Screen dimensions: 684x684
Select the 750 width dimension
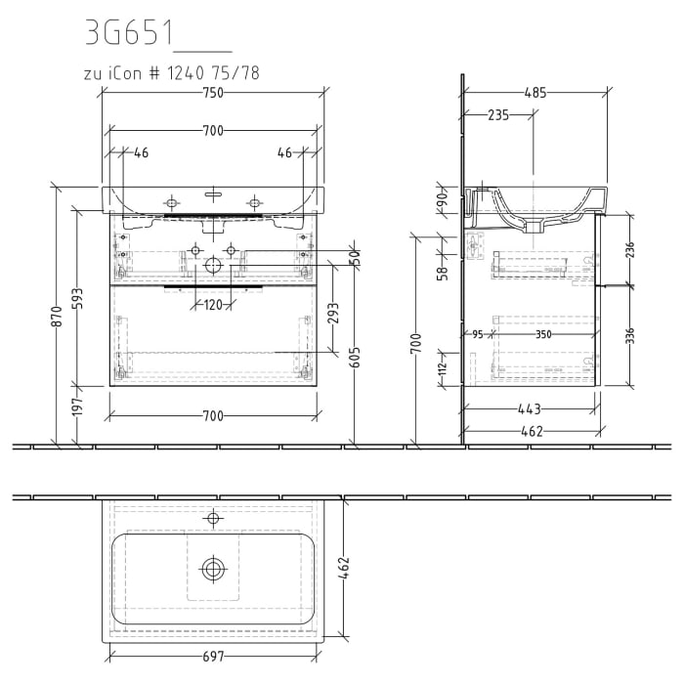point(213,93)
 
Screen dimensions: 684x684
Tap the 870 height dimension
point(58,315)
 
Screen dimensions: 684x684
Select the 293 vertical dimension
point(333,313)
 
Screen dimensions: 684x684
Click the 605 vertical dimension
point(356,357)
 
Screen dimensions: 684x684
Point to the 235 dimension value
point(498,115)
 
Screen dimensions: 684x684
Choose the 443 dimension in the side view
point(529,408)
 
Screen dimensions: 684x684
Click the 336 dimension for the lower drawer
point(630,335)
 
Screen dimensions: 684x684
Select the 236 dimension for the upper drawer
point(630,250)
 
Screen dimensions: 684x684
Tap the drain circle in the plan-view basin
point(213,567)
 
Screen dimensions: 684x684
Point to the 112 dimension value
point(442,366)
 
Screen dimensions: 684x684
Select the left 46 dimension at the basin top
point(142,152)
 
